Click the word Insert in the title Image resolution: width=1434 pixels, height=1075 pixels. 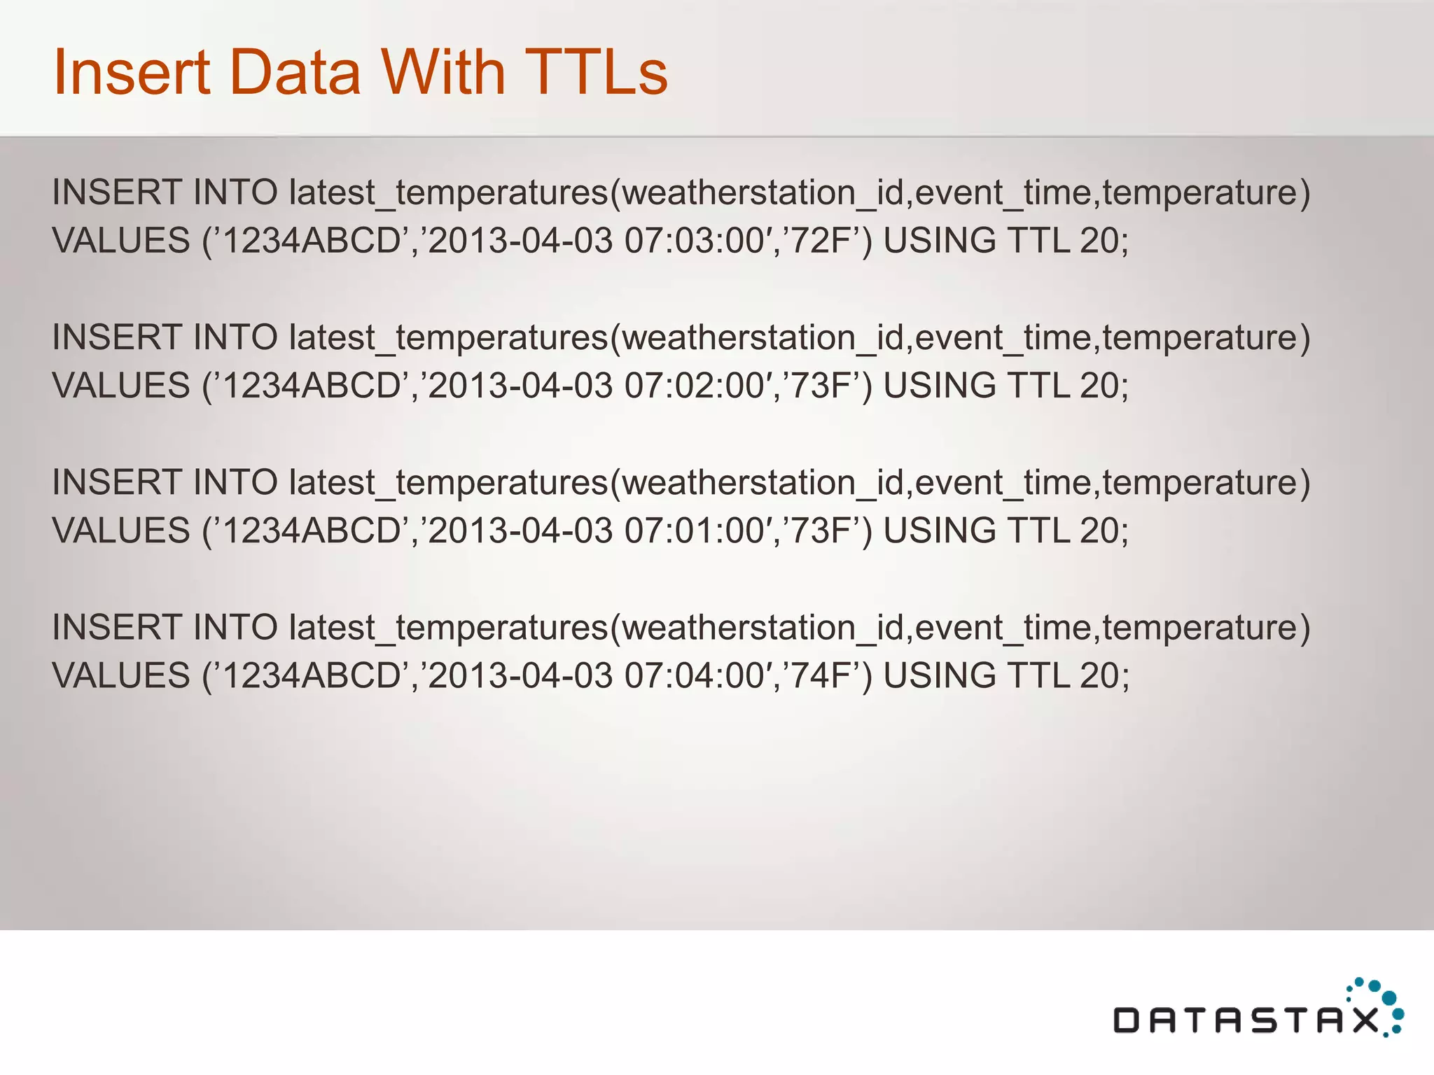pos(132,72)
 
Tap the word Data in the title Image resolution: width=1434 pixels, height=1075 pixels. pos(295,72)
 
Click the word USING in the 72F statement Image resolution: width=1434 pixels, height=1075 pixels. pos(939,241)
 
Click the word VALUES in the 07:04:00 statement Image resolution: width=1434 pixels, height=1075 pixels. pos(121,676)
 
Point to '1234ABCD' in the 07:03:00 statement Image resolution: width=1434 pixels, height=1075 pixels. pos(312,241)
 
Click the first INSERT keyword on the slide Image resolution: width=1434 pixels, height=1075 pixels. pos(116,192)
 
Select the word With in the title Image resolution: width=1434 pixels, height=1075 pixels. pos(443,72)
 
